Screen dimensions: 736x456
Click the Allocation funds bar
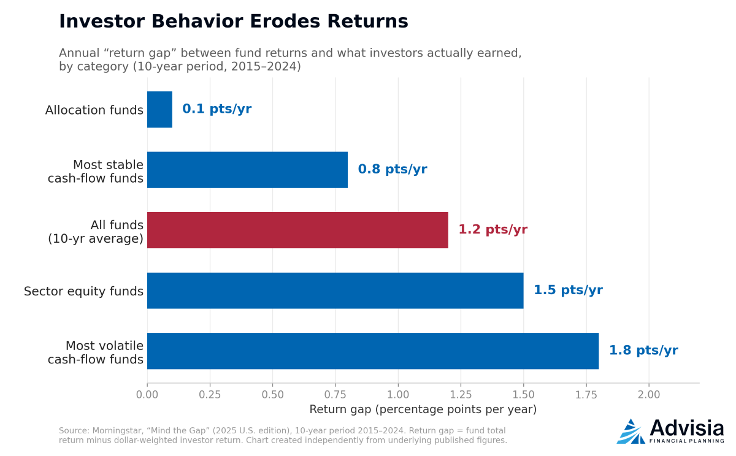tap(159, 110)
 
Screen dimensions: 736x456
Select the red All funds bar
tap(297, 230)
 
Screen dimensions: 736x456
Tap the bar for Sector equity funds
tap(335, 291)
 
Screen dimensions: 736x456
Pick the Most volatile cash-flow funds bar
tap(373, 351)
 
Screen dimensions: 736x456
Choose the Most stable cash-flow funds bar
tap(247, 170)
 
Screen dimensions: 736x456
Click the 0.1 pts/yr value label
tap(217, 109)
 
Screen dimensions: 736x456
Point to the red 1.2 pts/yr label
tap(493, 229)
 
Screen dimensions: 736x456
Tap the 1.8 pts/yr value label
tap(643, 351)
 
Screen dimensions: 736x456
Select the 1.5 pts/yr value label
tap(568, 290)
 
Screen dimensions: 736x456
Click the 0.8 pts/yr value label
tap(393, 169)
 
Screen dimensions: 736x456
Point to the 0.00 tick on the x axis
tap(147, 395)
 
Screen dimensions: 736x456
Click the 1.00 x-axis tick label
tap(398, 395)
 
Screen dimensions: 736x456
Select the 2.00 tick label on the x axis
tap(649, 395)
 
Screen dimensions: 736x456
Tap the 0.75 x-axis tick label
tap(335, 395)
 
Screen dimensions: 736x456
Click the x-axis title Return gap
tap(423, 409)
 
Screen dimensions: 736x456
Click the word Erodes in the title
tap(285, 21)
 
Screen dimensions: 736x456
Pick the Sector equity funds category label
tap(83, 291)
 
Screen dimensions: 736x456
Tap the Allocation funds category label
tap(94, 110)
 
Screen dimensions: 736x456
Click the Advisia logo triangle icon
tap(631, 431)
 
